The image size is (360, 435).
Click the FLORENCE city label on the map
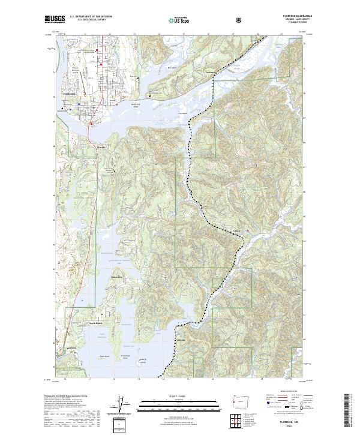coord(68,95)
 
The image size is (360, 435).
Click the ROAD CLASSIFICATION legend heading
coord(287,390)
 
